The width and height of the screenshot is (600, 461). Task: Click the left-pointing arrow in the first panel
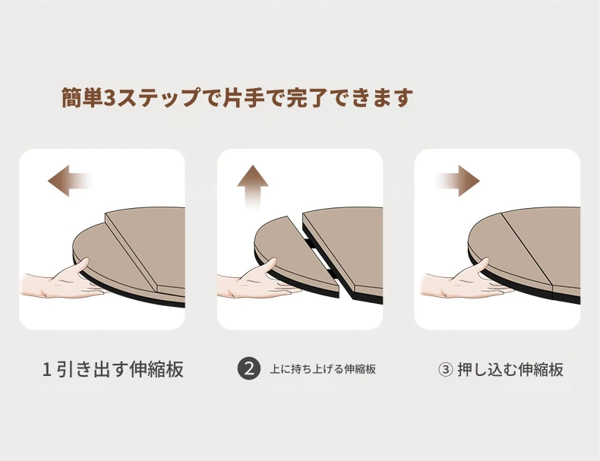[x=69, y=181]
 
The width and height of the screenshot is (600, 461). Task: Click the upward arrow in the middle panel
[x=253, y=187]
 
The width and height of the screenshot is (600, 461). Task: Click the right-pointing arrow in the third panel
[x=458, y=181]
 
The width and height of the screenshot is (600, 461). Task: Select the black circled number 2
[x=249, y=369]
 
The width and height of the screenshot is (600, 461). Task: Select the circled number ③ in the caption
[x=445, y=370]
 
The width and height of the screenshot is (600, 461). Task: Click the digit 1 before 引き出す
[x=46, y=370]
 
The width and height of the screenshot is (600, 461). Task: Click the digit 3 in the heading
[x=109, y=98]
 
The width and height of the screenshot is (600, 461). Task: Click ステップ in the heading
[x=157, y=98]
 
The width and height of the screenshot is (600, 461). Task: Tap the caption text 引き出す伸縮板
[x=120, y=370]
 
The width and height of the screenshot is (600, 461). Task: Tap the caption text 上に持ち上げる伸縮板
[x=323, y=369]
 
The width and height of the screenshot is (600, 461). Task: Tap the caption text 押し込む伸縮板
[x=510, y=370]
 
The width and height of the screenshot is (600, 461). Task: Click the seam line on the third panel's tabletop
[x=527, y=248]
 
